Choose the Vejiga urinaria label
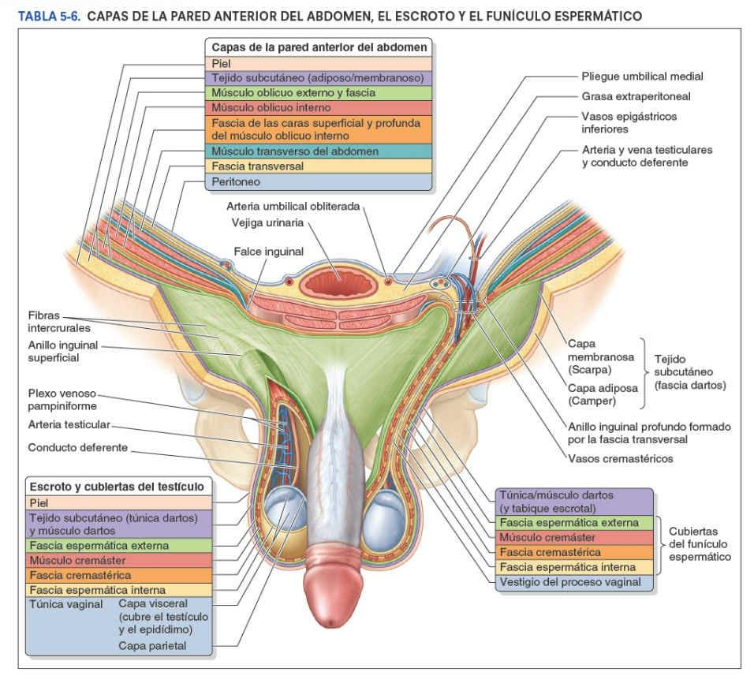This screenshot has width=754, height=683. coord(267,223)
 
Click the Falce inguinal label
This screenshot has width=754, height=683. coord(269,252)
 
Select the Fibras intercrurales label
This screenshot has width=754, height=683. coord(59,321)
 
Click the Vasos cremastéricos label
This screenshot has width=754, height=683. coord(621,458)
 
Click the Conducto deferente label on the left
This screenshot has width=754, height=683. coord(77,447)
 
